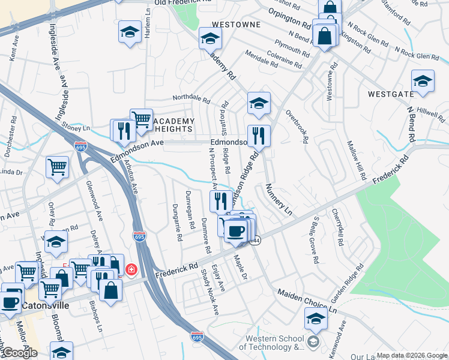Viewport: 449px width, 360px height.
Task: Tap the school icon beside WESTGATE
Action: point(423,82)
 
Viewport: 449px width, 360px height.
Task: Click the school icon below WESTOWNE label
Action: point(210,38)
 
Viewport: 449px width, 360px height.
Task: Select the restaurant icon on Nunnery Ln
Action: point(259,136)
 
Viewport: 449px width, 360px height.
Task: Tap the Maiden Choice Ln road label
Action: point(307,302)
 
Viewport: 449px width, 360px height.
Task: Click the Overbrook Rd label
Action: point(297,126)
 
